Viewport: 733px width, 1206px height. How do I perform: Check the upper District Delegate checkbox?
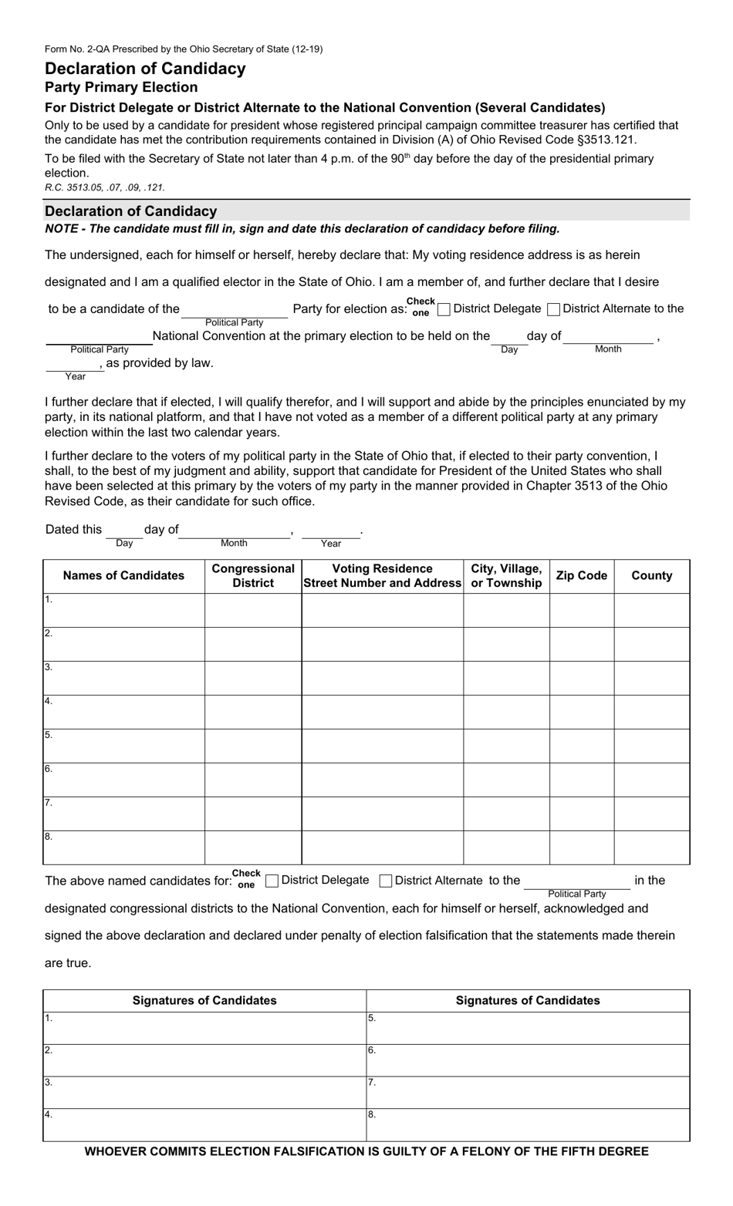pos(444,309)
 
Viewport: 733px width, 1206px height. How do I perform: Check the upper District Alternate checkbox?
pos(553,309)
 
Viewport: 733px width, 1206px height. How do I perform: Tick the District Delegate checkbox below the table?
pos(272,881)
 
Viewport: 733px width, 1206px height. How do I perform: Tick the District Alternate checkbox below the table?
pos(387,881)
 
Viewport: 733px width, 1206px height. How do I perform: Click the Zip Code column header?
pos(581,575)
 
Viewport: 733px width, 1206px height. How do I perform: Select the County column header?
pos(651,575)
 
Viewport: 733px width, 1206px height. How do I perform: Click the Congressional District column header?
pos(253,575)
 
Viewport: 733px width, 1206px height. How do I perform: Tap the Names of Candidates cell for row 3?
pos(123,678)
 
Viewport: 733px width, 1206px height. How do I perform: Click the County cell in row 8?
pos(651,847)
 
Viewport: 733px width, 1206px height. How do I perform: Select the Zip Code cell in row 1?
pos(581,610)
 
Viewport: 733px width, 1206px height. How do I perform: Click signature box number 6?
pos(528,1060)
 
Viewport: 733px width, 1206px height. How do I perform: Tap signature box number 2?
pos(204,1060)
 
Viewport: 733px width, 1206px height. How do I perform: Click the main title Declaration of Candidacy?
pos(145,69)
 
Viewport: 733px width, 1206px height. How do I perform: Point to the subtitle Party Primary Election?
pos(121,87)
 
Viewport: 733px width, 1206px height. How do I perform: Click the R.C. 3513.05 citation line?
pos(105,187)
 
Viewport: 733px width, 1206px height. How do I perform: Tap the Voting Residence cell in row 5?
pos(382,746)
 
